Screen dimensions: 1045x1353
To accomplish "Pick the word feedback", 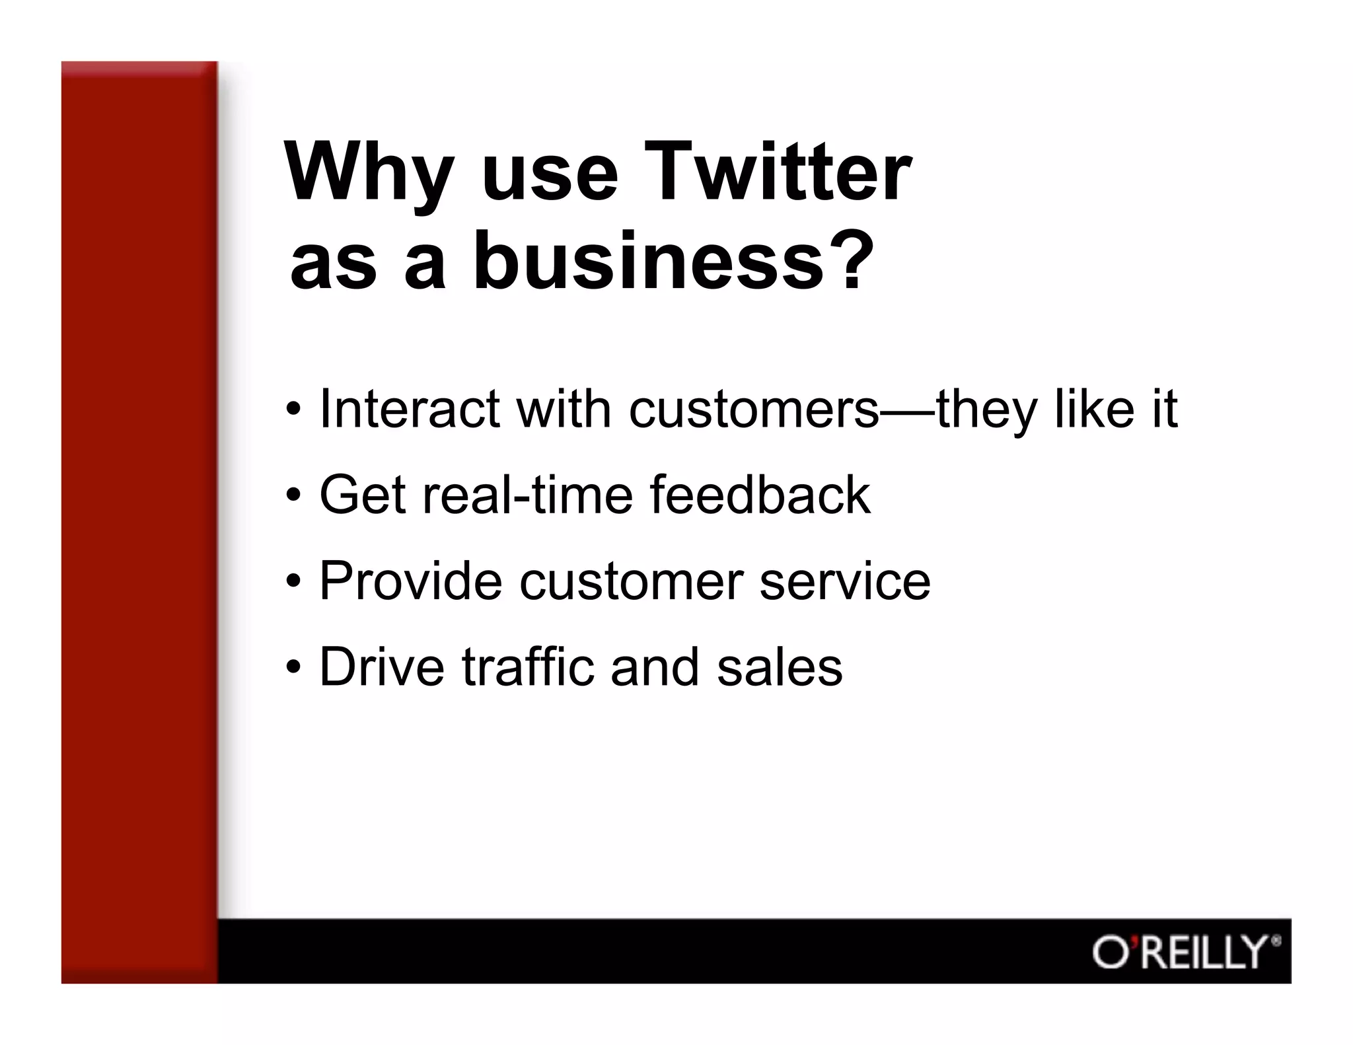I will click(760, 495).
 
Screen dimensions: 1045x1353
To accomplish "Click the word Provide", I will click(410, 581).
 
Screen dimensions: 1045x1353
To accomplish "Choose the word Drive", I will click(382, 667).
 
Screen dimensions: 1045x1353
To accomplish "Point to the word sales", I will click(780, 667).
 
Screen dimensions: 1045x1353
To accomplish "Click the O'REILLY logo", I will click(1185, 952).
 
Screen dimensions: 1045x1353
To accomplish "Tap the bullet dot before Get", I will click(294, 495).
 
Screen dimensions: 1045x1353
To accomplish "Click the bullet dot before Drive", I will click(294, 667).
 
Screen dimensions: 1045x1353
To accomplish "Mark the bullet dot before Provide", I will click(294, 581).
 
